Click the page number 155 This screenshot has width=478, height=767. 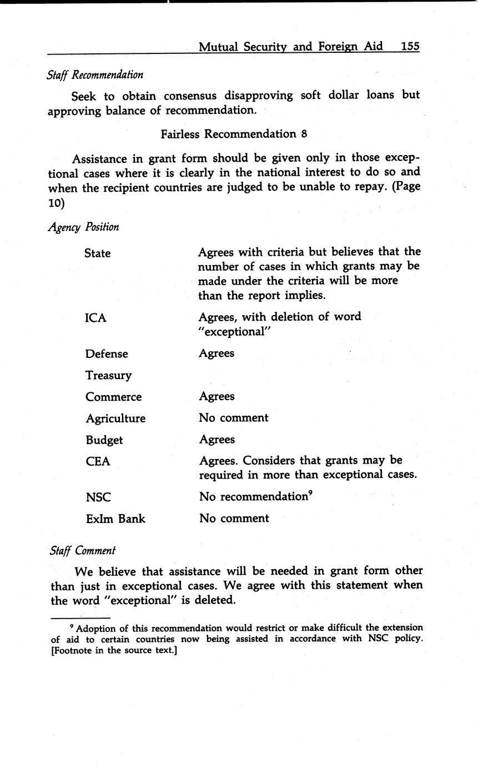click(x=410, y=46)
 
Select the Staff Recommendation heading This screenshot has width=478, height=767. click(x=95, y=74)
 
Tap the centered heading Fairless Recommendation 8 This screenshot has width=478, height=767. click(x=234, y=134)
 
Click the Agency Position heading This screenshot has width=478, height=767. click(x=83, y=227)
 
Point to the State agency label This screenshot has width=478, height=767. click(x=97, y=253)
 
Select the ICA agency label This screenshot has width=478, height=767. click(x=95, y=318)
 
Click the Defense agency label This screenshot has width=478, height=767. click(x=107, y=354)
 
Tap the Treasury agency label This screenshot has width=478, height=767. click(x=108, y=376)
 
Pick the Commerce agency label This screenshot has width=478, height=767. click(x=113, y=397)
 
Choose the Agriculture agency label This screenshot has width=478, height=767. click(x=115, y=419)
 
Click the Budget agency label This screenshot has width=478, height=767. click(x=104, y=440)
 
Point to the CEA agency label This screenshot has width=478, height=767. click(x=98, y=461)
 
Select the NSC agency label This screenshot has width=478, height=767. click(x=98, y=497)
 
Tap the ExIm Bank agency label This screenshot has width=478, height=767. click(x=115, y=519)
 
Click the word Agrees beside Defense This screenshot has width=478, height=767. click(x=217, y=353)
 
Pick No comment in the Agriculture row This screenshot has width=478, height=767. click(x=234, y=417)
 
